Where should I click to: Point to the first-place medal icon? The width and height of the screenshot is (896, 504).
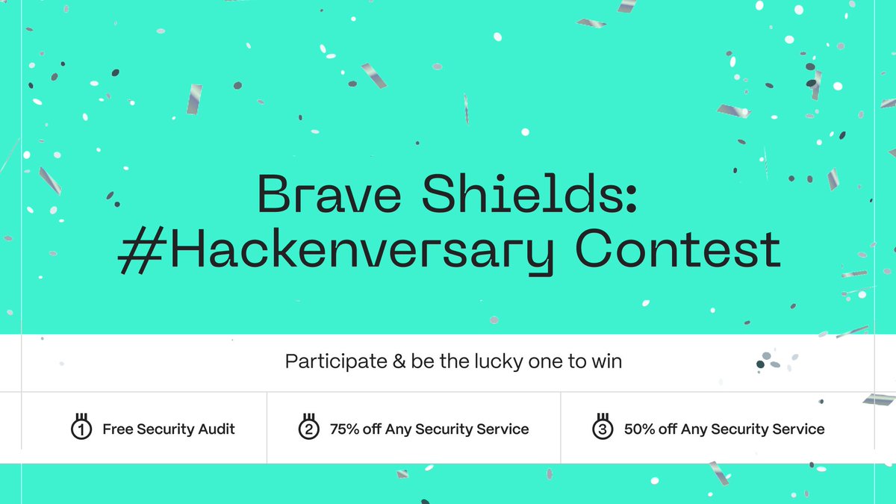(x=81, y=428)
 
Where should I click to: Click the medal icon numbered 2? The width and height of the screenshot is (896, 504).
(x=308, y=428)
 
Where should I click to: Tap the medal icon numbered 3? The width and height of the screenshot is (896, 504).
(x=603, y=428)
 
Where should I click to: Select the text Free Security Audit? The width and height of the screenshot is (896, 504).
(x=169, y=429)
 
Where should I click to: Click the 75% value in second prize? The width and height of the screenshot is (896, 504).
(x=346, y=429)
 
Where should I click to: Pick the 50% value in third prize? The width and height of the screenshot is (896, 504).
(x=641, y=429)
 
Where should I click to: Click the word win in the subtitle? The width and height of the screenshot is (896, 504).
(x=608, y=362)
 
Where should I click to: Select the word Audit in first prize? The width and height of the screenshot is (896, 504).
(x=216, y=429)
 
